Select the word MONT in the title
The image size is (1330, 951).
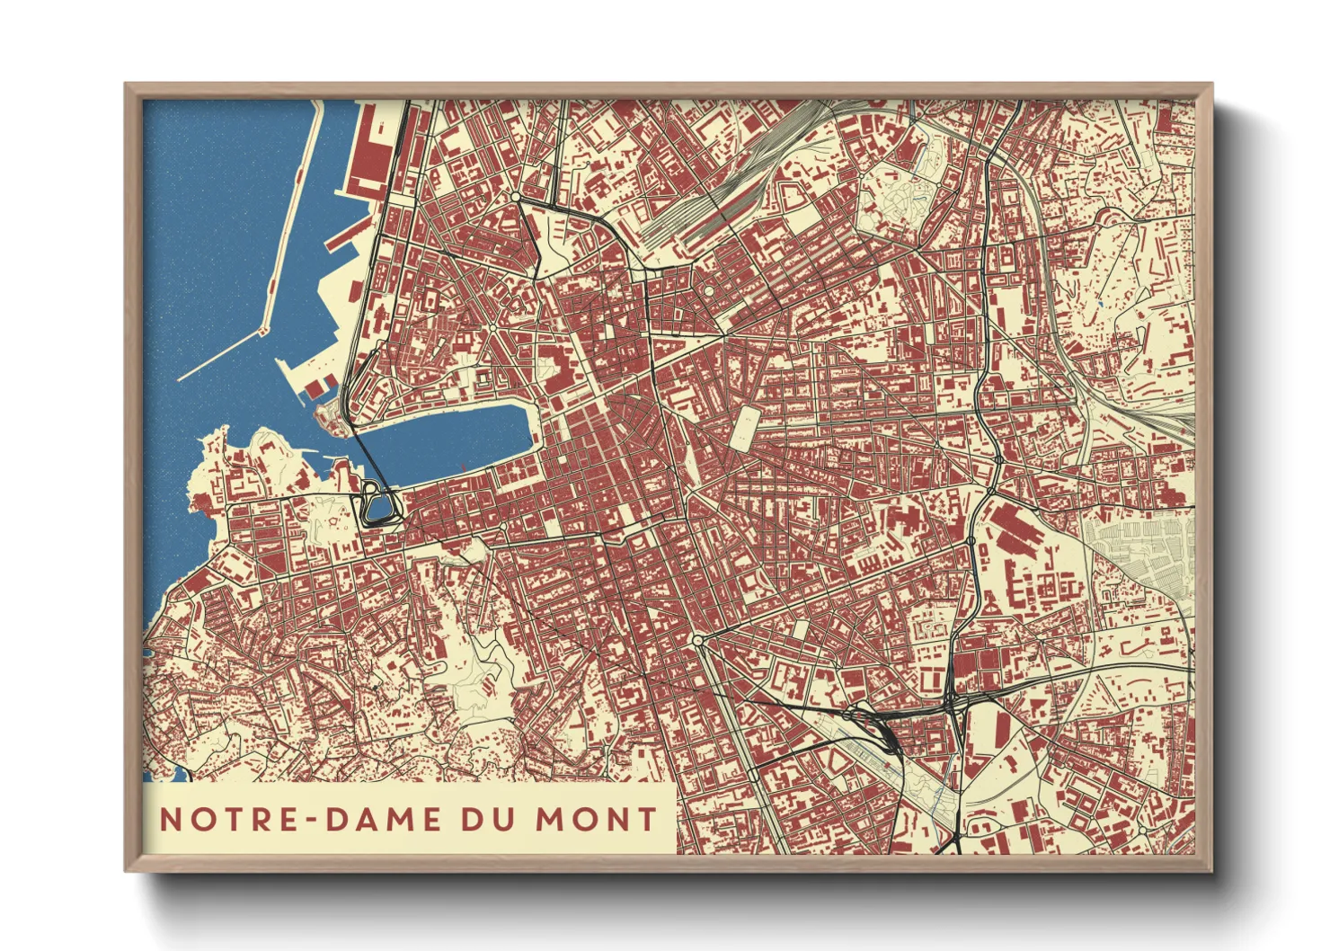(597, 819)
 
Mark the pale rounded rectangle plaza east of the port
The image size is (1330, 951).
(744, 427)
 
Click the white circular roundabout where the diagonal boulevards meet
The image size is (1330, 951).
(698, 640)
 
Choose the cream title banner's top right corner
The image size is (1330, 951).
(675, 785)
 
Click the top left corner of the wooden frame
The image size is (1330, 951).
(126, 84)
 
